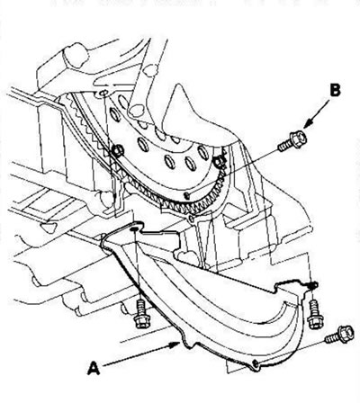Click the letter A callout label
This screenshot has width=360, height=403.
[x=94, y=368]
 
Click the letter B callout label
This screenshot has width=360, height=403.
[x=335, y=90]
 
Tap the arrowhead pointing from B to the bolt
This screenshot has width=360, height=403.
[x=308, y=125]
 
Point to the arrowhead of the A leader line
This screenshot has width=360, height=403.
[x=175, y=345]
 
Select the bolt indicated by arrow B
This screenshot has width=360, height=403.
[x=292, y=141]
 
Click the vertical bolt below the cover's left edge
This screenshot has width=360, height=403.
[x=140, y=313]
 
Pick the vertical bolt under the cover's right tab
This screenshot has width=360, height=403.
[x=315, y=314]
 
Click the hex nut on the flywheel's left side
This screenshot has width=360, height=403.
[x=118, y=150]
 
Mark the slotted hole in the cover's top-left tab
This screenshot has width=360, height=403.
[x=134, y=229]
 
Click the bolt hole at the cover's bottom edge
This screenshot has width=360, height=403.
[x=256, y=363]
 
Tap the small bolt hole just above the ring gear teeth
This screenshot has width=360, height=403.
[x=186, y=196]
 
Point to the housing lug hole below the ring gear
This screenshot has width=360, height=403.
[x=192, y=219]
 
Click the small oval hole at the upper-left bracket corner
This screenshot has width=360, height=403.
[x=103, y=93]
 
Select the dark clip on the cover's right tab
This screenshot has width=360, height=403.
[x=312, y=284]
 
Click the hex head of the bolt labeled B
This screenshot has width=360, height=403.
[x=299, y=139]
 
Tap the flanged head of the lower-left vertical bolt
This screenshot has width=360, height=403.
[x=140, y=321]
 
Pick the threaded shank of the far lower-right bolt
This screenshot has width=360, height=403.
[x=332, y=338]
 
